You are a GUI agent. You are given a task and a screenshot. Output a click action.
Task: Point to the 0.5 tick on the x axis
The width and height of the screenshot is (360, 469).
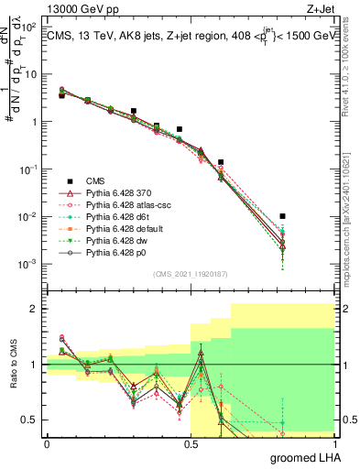pyautogui.click(x=191, y=443)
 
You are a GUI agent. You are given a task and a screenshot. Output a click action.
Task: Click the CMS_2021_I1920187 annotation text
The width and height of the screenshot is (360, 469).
pyautogui.click(x=190, y=273)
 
